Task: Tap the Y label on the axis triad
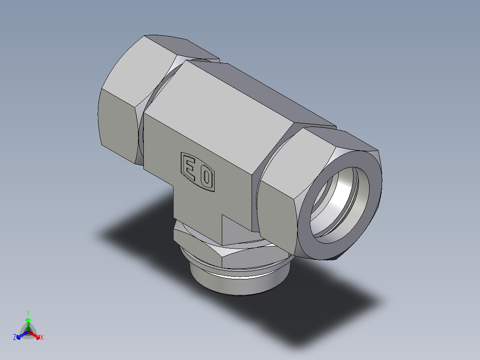[28, 313]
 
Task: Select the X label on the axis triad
[42, 338]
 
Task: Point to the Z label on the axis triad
[15, 338]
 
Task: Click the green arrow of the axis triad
[28, 323]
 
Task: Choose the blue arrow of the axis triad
[20, 335]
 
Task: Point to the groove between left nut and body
[142, 134]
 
